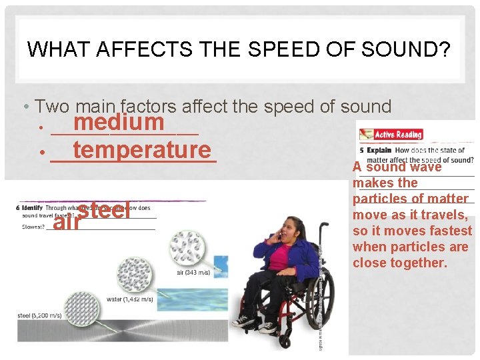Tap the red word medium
coord(119,123)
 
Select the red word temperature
coord(142,150)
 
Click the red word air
coord(67,223)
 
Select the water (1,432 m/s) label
coord(129,299)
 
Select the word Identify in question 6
coord(32,208)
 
